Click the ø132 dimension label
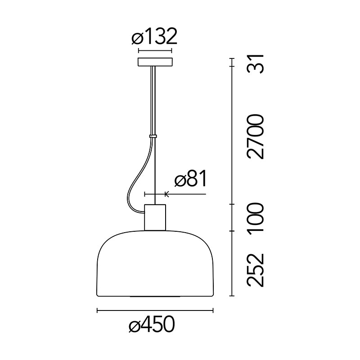[x=154, y=36]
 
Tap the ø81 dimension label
[x=190, y=178]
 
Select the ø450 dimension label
[x=152, y=324]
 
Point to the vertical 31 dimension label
[x=255, y=64]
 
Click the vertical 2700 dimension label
[x=255, y=136]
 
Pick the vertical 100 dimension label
[x=255, y=218]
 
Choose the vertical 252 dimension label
[x=255, y=270]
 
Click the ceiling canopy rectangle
[x=155, y=62]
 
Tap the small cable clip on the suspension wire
[x=153, y=136]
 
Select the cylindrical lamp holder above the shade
[x=155, y=217]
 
